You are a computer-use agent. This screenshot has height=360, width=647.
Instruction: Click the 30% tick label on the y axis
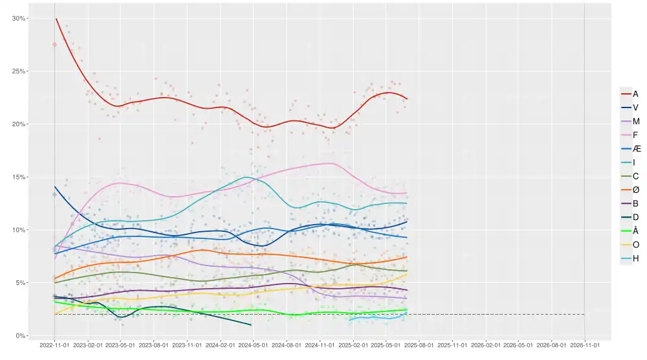click(x=19, y=18)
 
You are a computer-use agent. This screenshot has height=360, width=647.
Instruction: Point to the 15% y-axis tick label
click(x=19, y=177)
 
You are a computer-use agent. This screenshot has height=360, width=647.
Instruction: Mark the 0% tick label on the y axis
click(x=21, y=335)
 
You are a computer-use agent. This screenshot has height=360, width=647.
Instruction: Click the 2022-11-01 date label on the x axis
click(x=54, y=346)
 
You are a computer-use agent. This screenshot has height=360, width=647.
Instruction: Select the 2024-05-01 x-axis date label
click(x=253, y=346)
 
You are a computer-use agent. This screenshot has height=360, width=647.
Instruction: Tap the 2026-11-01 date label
click(x=584, y=346)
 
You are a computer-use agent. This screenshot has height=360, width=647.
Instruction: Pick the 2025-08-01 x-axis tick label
click(x=419, y=346)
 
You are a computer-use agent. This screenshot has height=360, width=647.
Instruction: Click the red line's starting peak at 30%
click(x=56, y=19)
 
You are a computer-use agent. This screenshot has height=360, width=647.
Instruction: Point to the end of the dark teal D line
click(x=251, y=325)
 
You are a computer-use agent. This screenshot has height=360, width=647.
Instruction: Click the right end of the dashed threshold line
click(x=584, y=315)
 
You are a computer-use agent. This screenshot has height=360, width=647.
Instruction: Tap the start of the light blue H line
click(x=349, y=320)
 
